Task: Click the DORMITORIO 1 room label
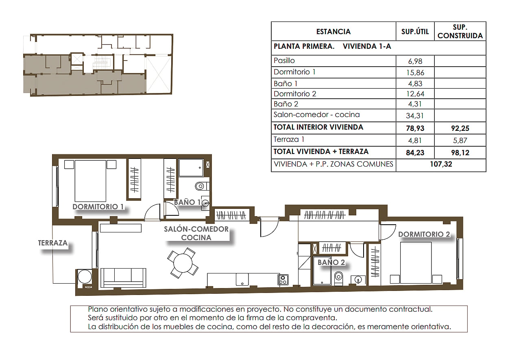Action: pyautogui.click(x=98, y=206)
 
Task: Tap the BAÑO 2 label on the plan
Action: pyautogui.click(x=331, y=262)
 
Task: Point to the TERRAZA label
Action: pyautogui.click(x=53, y=243)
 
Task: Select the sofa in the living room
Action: pyautogui.click(x=123, y=278)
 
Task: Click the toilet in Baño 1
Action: pyautogui.click(x=202, y=187)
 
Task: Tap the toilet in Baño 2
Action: pyautogui.click(x=338, y=278)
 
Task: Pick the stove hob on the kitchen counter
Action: pyautogui.click(x=283, y=280)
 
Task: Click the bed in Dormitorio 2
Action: pyautogui.click(x=416, y=262)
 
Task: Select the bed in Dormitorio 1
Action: pyautogui.click(x=90, y=181)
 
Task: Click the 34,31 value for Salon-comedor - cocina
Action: pyautogui.click(x=415, y=116)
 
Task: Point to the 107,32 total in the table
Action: pyautogui.click(x=441, y=164)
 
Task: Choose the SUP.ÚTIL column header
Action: pyautogui.click(x=415, y=32)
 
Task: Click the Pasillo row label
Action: pyautogui.click(x=284, y=61)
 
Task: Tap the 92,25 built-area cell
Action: pyautogui.click(x=460, y=128)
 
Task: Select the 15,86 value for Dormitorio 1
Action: pyautogui.click(x=415, y=73)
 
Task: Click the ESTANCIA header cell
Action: pyautogui.click(x=333, y=32)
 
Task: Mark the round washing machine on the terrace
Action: pyautogui.click(x=85, y=277)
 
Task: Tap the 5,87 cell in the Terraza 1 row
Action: pyautogui.click(x=460, y=141)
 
